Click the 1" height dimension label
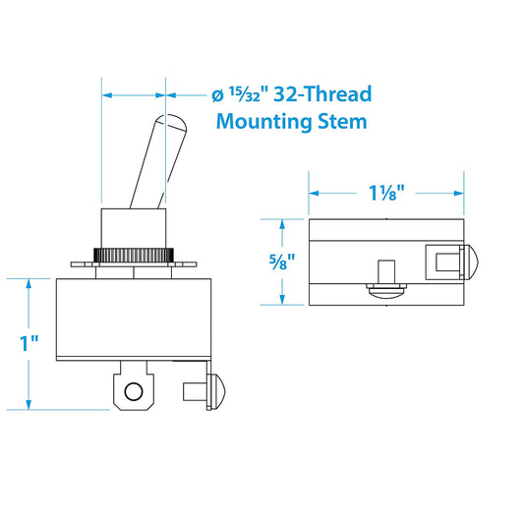coord(30,343)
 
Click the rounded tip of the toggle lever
coord(173,125)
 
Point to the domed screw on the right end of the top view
coord(469,262)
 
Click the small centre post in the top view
coord(387,271)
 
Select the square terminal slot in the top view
coord(441,261)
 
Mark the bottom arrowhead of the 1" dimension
coord(30,403)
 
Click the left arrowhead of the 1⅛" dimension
coord(315,193)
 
